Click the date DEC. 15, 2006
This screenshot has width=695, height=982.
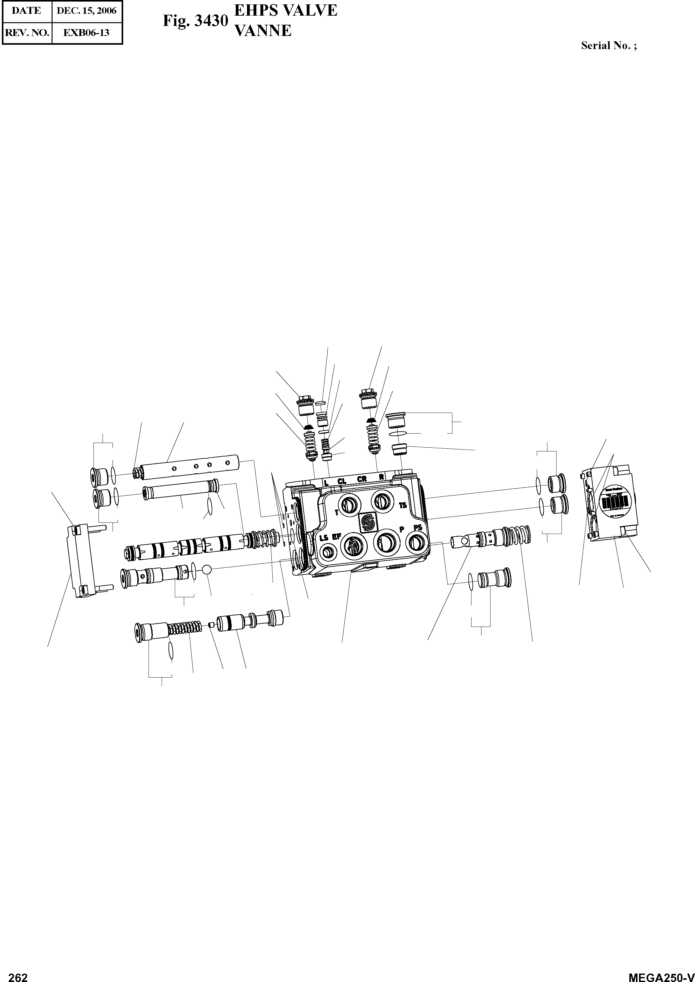coord(87,11)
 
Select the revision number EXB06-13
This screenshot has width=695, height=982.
coord(87,33)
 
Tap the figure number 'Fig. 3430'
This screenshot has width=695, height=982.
coord(195,21)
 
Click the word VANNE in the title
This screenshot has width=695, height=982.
coord(264,31)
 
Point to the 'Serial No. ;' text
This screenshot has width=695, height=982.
coord(608,46)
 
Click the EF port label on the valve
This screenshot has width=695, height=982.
coord(336,536)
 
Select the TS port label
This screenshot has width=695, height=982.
coord(403,505)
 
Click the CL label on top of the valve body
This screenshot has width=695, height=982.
coord(341,481)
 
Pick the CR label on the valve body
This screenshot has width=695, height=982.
coord(362,479)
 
